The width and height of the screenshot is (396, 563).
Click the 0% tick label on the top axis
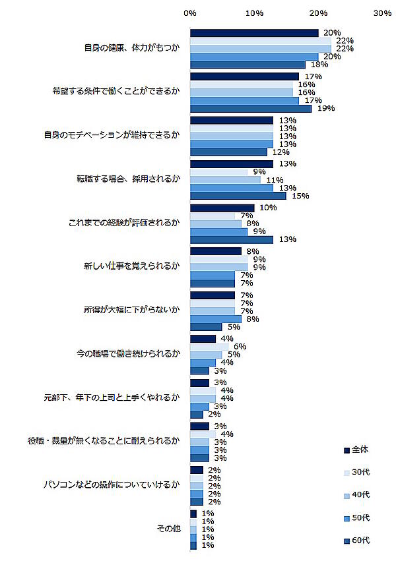click(x=190, y=13)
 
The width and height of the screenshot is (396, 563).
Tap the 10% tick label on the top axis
click(x=254, y=13)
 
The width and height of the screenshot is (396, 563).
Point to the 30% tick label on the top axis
click(x=382, y=13)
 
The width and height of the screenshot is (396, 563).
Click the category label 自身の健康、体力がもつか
click(x=132, y=48)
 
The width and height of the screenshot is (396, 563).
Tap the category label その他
click(x=168, y=528)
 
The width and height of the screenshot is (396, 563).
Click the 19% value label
click(x=321, y=109)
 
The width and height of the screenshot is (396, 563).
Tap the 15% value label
click(x=296, y=196)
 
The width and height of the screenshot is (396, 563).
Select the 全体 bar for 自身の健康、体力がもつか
click(x=254, y=33)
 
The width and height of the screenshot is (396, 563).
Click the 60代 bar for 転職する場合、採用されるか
click(x=238, y=195)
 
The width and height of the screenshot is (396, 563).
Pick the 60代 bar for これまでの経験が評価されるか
click(x=232, y=239)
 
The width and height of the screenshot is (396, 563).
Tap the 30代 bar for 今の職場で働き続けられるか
click(x=209, y=346)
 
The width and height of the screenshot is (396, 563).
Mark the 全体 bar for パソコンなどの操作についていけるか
click(x=197, y=469)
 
